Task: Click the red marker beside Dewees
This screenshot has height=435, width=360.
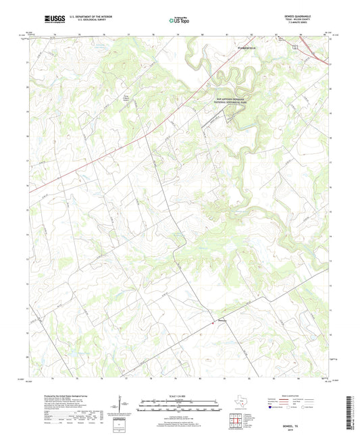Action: [215, 321]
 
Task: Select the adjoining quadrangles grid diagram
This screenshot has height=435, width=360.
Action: [236, 422]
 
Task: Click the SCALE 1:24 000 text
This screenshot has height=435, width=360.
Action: [180, 394]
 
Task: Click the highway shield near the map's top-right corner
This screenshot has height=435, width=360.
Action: [294, 47]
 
